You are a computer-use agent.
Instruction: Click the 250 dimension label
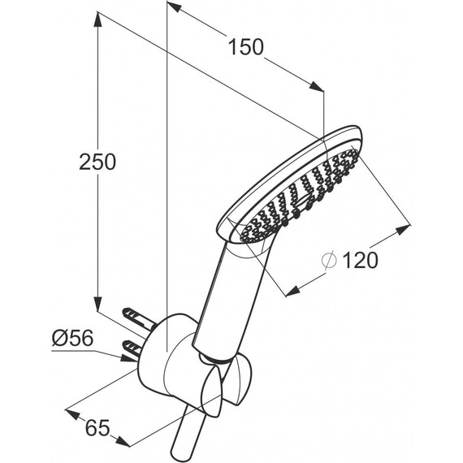pyautogui.click(x=97, y=162)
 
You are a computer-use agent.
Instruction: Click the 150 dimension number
pyautogui.click(x=246, y=47)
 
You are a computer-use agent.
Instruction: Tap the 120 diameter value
pyautogui.click(x=361, y=260)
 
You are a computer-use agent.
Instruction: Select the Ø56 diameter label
pyautogui.click(x=72, y=338)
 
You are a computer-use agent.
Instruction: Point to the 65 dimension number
pyautogui.click(x=97, y=427)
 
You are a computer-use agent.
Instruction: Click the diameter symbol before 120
pyautogui.click(x=329, y=260)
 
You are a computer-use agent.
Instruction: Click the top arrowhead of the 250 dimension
pyautogui.click(x=97, y=19)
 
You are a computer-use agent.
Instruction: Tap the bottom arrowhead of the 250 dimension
pyautogui.click(x=97, y=303)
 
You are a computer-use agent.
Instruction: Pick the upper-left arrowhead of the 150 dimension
pyautogui.click(x=174, y=6)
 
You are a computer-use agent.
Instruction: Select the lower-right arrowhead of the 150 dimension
pyautogui.click(x=316, y=86)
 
